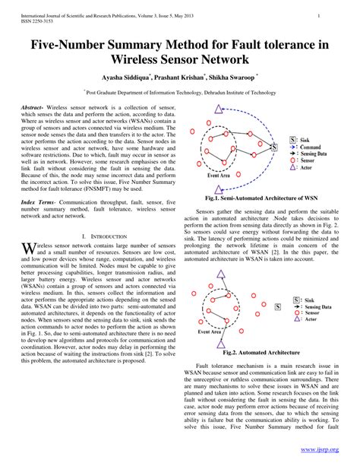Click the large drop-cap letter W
pyautogui.click(x=28, y=250)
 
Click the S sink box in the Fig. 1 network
pyautogui.click(x=293, y=141)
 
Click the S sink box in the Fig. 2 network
pyautogui.click(x=278, y=307)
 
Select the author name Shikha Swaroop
pyautogui.click(x=233, y=78)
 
